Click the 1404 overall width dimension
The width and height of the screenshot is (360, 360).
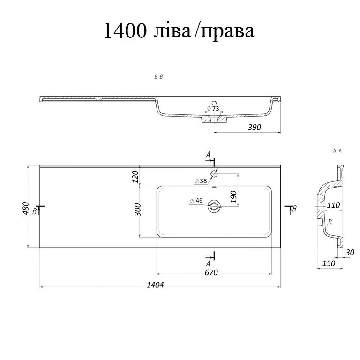155,285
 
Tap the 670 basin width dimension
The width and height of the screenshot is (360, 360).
211,272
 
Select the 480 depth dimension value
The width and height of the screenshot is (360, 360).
25,208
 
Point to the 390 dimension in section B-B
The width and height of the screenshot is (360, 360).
255,127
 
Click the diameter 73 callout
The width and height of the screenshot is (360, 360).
213,108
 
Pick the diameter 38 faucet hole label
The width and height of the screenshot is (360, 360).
201,181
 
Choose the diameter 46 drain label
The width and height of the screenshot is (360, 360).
196,201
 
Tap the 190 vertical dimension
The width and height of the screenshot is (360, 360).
233,196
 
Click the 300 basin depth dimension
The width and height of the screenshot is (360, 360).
138,210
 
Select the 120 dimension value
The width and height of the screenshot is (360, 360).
135,177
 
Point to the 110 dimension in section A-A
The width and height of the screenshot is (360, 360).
333,205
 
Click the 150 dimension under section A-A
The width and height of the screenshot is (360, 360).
329,263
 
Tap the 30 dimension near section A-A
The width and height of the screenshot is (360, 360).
350,252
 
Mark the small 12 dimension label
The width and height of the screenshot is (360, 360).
330,221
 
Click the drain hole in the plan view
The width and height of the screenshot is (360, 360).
214,206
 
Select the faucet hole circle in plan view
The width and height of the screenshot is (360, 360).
214,173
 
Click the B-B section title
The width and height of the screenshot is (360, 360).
158,77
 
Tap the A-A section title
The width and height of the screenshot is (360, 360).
337,150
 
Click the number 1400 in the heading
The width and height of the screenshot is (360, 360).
125,31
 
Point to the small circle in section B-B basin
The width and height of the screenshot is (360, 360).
214,103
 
